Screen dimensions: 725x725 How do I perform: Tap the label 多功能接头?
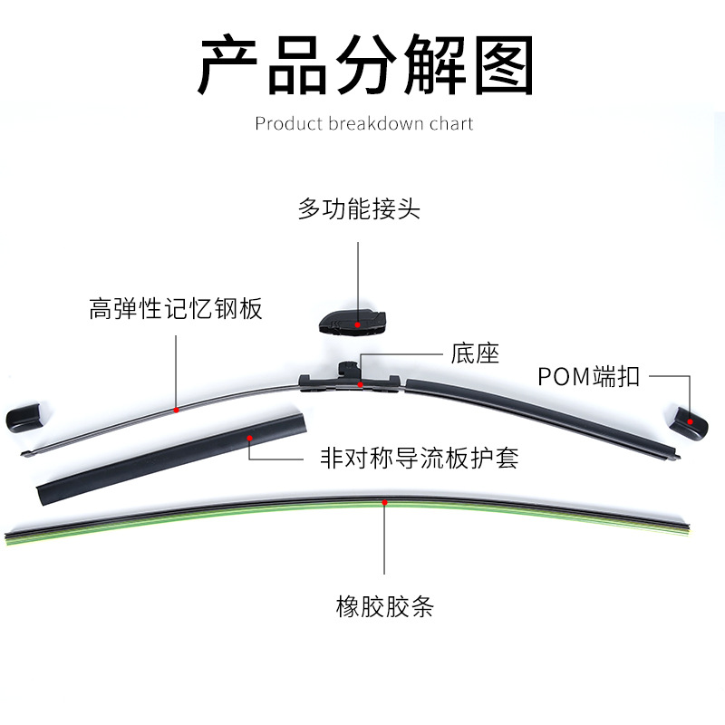point(359,210)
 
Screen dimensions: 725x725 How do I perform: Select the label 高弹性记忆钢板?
point(176,309)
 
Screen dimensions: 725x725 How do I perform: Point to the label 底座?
point(475,353)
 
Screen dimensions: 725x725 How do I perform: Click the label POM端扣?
point(588,376)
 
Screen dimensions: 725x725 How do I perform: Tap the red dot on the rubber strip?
point(385,501)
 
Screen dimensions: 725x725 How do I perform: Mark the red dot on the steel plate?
point(176,410)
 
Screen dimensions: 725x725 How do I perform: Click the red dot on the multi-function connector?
point(359,324)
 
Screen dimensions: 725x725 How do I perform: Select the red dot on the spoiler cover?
point(249,438)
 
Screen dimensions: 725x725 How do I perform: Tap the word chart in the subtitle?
point(450,123)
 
